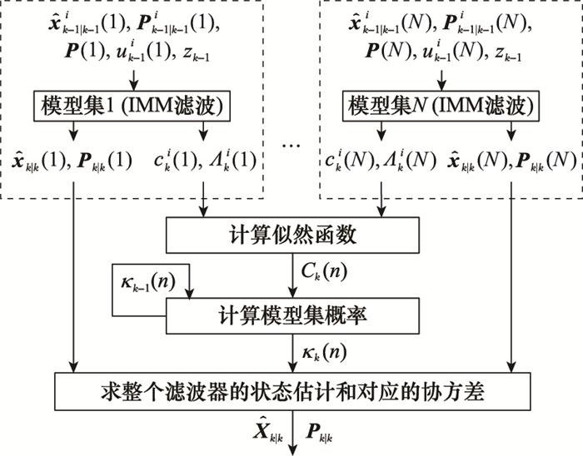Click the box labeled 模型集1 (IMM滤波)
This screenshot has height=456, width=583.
(132, 106)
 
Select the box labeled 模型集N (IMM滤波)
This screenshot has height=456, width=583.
(441, 106)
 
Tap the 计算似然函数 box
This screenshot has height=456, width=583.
(292, 235)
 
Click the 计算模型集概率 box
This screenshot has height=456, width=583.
(292, 315)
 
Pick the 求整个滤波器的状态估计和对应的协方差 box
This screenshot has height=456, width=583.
(292, 391)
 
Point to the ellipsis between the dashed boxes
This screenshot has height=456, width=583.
(291, 146)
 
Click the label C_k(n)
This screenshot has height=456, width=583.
(324, 272)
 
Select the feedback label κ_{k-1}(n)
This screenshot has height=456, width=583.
(148, 282)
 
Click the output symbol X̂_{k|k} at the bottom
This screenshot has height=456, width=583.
(268, 432)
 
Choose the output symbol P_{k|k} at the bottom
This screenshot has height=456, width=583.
(319, 434)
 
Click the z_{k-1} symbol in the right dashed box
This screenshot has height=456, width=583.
(508, 54)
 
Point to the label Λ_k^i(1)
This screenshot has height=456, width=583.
(232, 161)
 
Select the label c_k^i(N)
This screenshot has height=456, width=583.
(349, 161)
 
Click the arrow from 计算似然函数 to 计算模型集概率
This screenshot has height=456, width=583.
(292, 275)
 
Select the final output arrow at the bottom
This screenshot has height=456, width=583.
(293, 433)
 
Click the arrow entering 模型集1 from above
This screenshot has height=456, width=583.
(134, 79)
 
